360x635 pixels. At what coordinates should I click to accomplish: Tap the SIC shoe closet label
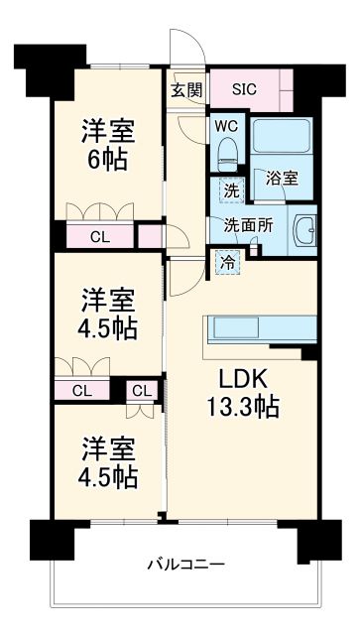coord(244,88)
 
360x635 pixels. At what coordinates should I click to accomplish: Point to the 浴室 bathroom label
coord(283,179)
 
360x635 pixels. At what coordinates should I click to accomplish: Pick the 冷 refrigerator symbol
coord(226,264)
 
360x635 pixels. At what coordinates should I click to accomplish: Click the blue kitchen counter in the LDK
coord(259,328)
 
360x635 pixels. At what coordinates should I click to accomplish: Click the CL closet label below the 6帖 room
coord(99,236)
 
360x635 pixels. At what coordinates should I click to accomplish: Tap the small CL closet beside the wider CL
coord(141,390)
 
